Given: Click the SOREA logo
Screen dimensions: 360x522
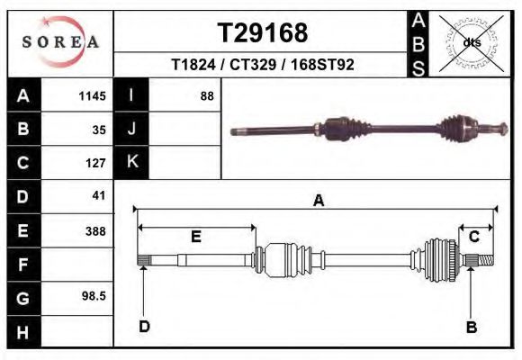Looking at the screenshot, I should (x=60, y=42).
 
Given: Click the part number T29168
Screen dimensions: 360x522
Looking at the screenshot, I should (x=263, y=33).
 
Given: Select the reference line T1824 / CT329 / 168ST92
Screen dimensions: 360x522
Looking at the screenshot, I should (x=263, y=66).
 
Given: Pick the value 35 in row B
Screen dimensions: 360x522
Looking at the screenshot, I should (x=99, y=130).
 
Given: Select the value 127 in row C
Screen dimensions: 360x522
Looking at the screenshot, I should (x=95, y=164).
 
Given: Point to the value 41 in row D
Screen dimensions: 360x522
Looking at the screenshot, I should (x=99, y=195).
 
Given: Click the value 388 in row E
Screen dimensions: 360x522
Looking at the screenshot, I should (x=95, y=231).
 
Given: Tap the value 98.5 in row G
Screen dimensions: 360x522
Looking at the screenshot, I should (x=94, y=295).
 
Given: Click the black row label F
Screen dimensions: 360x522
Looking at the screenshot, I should (x=22, y=265).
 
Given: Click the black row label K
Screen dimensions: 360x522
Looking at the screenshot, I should (x=131, y=162).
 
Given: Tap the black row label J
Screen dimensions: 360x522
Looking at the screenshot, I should (x=131, y=129).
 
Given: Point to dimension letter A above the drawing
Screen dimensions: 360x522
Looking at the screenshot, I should (x=318, y=202).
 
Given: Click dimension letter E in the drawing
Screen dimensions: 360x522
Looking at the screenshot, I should (x=195, y=237).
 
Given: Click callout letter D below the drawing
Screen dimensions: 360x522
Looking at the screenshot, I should (x=144, y=327).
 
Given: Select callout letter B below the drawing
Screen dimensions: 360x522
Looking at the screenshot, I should (x=471, y=327).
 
